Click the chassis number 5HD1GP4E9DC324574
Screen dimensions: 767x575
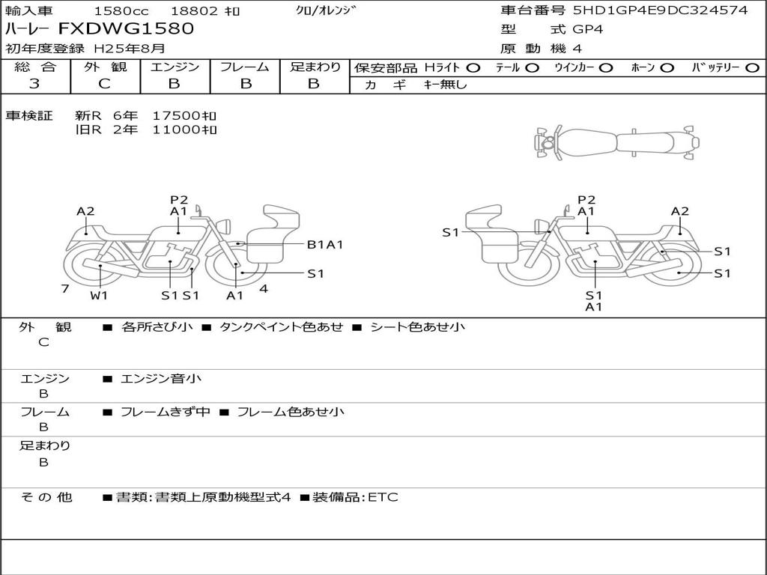pyautogui.click(x=661, y=10)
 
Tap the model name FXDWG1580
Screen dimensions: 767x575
pyautogui.click(x=126, y=28)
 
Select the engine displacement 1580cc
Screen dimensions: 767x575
pyautogui.click(x=121, y=10)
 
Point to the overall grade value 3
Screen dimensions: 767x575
pyautogui.click(x=34, y=84)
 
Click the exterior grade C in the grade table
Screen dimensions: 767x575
pyautogui.click(x=104, y=84)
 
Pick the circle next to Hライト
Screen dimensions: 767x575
pyautogui.click(x=473, y=68)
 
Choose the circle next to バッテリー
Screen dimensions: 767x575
pyautogui.click(x=752, y=68)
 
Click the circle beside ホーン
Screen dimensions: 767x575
pyautogui.click(x=667, y=68)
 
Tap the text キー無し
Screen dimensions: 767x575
pyautogui.click(x=445, y=85)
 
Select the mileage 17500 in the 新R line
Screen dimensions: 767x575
pyautogui.click(x=177, y=116)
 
